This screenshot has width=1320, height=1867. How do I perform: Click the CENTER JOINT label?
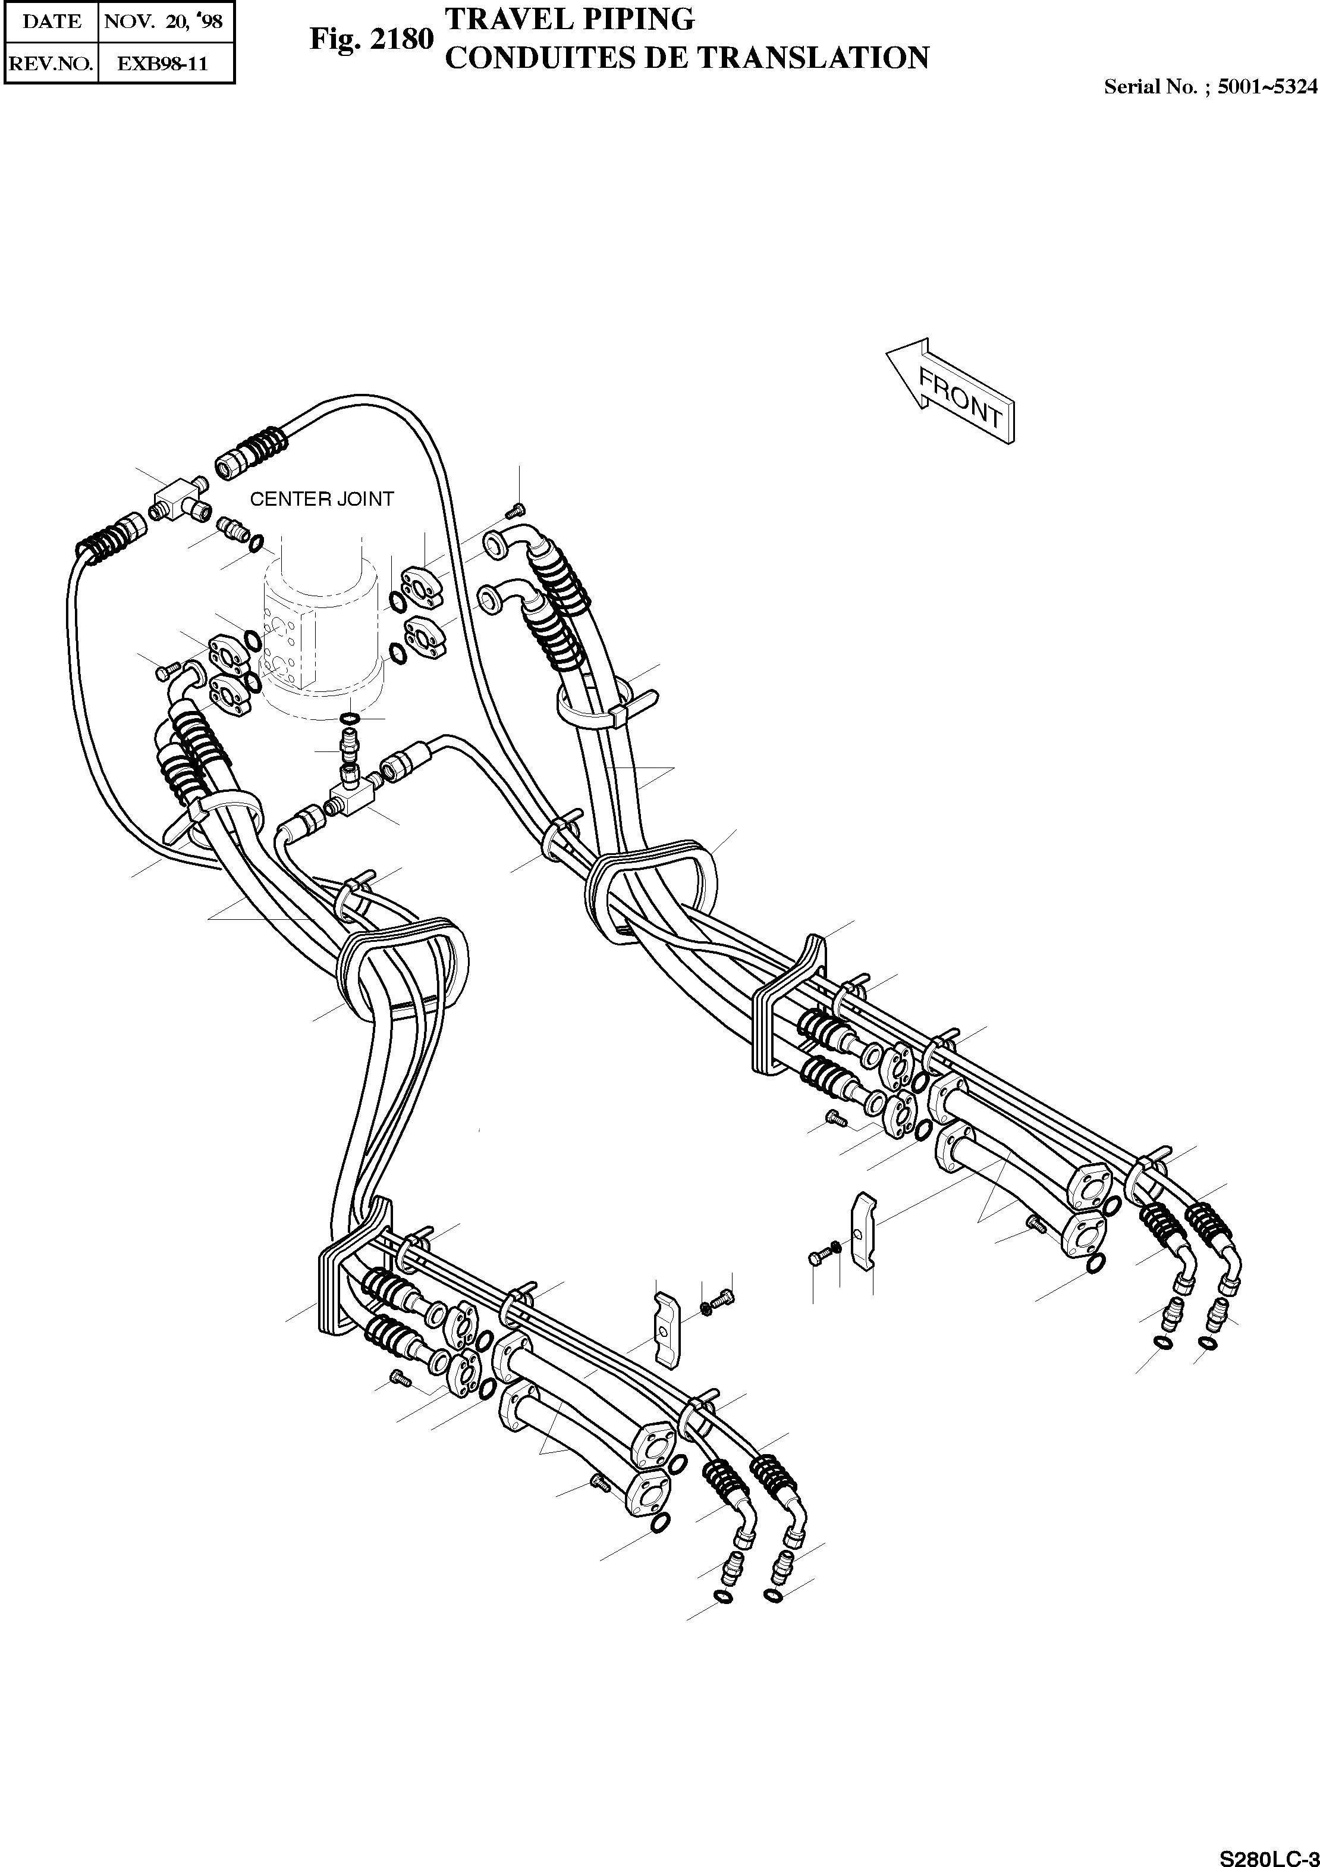pos(322,499)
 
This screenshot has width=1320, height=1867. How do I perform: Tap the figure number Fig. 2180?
pos(372,39)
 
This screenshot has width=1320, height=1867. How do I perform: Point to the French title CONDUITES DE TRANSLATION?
pos(687,58)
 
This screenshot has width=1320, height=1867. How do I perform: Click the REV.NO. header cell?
pos(51,64)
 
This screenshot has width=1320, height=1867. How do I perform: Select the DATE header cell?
pos(51,21)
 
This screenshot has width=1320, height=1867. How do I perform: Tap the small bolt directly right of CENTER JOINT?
pos(514,510)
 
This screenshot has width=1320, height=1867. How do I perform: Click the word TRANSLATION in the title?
pos(813,58)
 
